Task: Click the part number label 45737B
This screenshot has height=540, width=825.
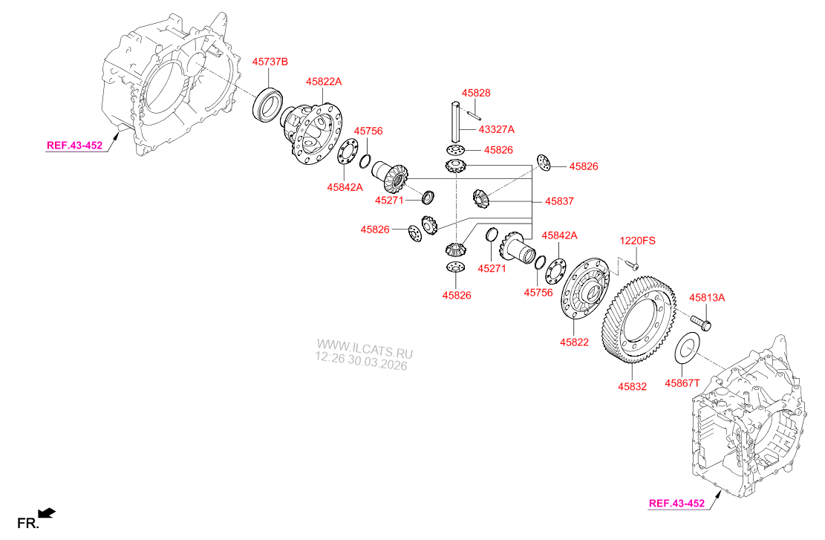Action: (270, 62)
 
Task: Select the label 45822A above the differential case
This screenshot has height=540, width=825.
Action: (325, 82)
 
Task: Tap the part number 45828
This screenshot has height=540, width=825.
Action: (476, 93)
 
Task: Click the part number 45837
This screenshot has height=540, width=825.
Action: (559, 201)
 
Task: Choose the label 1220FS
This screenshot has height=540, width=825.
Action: (638, 241)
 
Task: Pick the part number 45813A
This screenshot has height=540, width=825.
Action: (706, 298)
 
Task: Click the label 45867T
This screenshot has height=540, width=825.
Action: (682, 383)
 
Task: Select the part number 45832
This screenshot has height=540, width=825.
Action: (632, 386)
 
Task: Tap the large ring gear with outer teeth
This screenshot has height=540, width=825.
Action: (640, 321)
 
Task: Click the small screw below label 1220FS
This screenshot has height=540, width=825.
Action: (633, 263)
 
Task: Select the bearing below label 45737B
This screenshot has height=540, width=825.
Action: (268, 105)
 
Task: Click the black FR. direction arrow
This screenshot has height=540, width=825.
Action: (46, 512)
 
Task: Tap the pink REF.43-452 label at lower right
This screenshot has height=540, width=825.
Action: (676, 503)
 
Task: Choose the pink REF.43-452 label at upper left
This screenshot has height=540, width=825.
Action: (74, 146)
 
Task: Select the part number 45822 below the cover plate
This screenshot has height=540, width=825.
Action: (574, 342)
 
